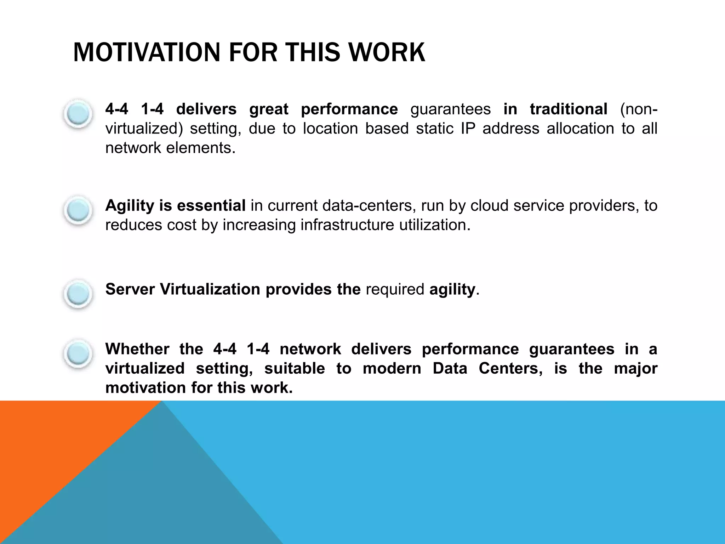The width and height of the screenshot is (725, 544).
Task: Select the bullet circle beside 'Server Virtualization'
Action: [x=78, y=294]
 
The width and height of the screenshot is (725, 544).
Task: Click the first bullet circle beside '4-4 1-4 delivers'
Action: [x=78, y=113]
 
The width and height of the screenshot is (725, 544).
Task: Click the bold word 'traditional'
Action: [x=569, y=109]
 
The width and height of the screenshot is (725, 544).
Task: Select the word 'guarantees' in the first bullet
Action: [x=450, y=109]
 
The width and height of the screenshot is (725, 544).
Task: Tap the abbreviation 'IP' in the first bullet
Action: [x=468, y=128]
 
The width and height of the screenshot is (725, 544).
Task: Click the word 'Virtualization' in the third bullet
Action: [x=210, y=289]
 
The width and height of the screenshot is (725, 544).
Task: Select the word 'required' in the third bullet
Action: [x=395, y=289]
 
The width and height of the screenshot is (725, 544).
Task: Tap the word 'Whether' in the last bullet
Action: [x=137, y=349]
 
